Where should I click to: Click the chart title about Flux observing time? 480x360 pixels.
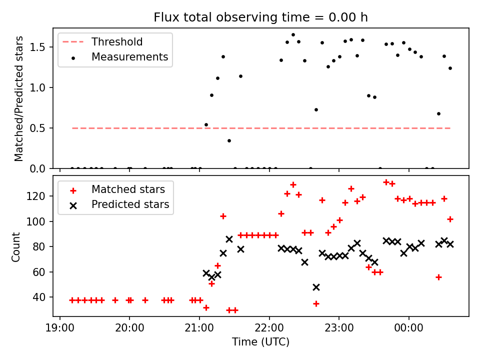point(260,18)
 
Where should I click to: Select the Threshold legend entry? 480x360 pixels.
point(116,42)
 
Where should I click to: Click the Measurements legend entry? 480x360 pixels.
point(129,57)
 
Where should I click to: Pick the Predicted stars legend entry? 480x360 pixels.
point(130,204)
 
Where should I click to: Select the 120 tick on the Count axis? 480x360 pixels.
point(40,196)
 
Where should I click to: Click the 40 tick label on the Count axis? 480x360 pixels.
point(42,297)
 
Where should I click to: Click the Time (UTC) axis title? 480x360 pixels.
point(260,342)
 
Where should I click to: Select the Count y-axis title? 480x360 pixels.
point(17,246)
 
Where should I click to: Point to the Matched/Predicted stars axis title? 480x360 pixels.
point(19,98)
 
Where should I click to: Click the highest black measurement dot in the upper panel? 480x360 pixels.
point(293,35)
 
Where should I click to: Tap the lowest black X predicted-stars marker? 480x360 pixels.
point(316,287)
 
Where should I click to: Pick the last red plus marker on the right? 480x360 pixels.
point(450,219)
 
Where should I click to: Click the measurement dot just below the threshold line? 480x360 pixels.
point(229,140)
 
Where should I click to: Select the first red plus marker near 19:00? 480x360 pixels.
point(72,300)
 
